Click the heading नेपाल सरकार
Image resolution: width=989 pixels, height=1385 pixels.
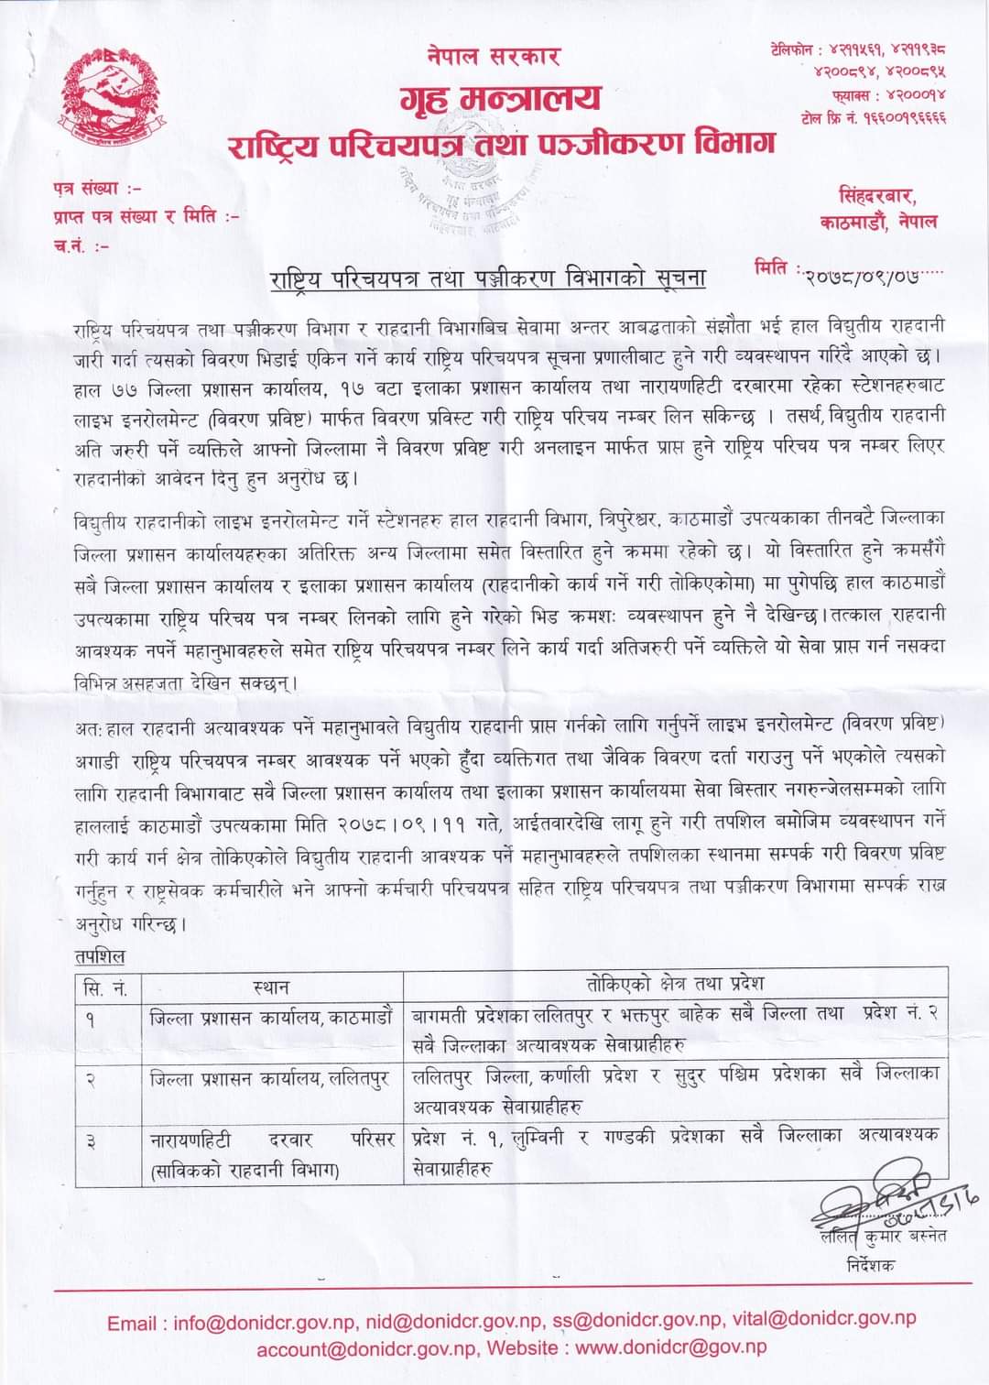click(494, 55)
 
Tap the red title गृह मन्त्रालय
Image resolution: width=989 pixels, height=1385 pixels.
click(501, 98)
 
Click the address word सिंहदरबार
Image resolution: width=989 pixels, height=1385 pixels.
click(877, 196)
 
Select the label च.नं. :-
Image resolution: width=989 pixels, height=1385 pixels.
click(82, 245)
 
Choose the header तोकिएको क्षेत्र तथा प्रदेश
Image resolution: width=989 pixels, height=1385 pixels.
click(675, 986)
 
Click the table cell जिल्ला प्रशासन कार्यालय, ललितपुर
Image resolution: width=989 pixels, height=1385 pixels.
click(269, 1079)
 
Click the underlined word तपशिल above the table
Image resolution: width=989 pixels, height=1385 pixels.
click(100, 957)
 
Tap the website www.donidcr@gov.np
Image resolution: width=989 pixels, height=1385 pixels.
click(671, 1347)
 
